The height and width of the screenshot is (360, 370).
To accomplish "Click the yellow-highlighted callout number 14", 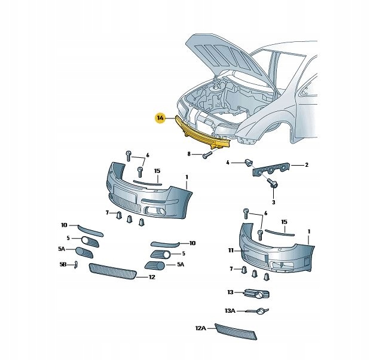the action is click(160, 118).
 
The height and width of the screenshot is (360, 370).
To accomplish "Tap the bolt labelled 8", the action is click(207, 155).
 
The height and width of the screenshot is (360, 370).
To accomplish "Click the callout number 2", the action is click(307, 165).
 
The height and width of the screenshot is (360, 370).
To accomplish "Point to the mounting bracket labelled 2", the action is click(271, 169).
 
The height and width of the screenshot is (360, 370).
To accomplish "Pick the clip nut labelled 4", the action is click(248, 163).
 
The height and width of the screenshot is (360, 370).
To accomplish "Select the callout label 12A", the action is click(201, 328).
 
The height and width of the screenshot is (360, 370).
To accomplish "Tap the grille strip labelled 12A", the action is click(236, 332).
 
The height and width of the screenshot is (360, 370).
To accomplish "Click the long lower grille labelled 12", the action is click(112, 271).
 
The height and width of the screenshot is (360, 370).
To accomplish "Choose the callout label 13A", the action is click(230, 310).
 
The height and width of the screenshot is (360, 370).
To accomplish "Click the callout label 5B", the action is click(63, 265).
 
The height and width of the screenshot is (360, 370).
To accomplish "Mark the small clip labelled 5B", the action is click(76, 265).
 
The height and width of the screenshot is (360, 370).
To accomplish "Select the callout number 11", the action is click(231, 251).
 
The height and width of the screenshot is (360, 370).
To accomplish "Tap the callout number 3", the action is click(274, 202).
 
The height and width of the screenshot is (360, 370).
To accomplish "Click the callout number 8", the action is click(189, 154).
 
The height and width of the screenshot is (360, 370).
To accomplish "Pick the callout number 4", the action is click(228, 163).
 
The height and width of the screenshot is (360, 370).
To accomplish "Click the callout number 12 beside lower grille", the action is click(152, 277).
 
